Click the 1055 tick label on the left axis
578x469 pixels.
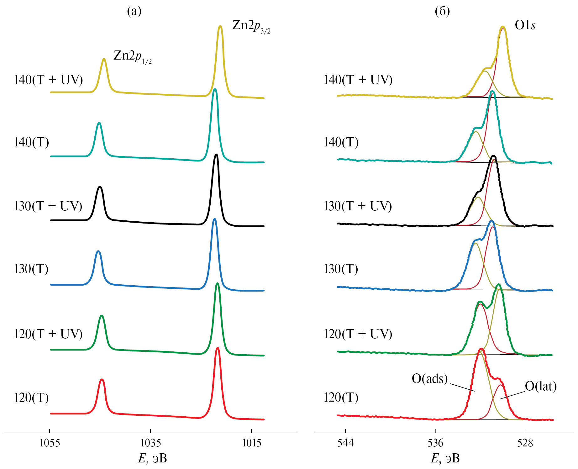click(50, 443)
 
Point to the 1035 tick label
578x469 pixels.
click(151, 443)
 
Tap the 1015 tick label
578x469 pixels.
click(252, 443)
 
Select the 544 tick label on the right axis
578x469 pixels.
click(345, 443)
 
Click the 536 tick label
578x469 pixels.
click(435, 443)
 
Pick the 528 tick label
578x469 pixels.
click(525, 443)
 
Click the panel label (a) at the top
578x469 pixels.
click(134, 11)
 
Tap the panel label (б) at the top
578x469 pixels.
click(442, 11)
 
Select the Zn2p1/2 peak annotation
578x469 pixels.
click(132, 56)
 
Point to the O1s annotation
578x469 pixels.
click(525, 25)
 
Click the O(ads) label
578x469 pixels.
click(429, 379)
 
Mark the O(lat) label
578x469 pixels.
click(541, 386)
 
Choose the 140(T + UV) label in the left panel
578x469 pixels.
click(48, 80)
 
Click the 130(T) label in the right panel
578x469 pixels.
click(341, 269)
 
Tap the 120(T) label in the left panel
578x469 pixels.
click(31, 398)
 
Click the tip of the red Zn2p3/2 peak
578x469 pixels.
click(218, 348)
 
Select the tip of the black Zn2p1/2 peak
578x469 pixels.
click(100, 187)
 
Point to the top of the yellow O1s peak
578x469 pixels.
click(503, 27)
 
